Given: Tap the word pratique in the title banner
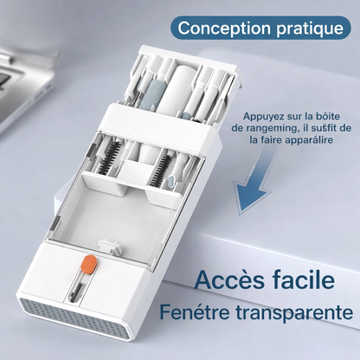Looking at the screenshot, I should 305,27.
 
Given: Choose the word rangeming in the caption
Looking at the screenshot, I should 264,127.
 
